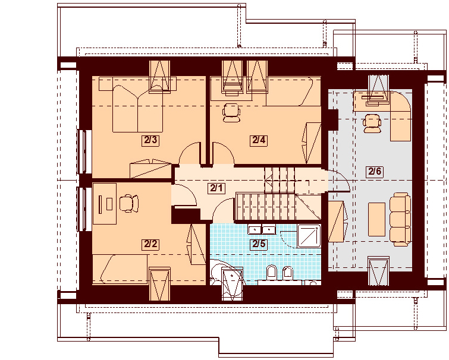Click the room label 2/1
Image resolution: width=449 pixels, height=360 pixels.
coord(216,188)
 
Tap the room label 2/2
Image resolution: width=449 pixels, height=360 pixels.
coord(150,244)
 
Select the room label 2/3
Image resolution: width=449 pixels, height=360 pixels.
coord(150,140)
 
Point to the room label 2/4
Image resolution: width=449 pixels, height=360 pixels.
coord(259,140)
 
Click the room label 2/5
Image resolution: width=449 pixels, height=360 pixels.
coord(259,244)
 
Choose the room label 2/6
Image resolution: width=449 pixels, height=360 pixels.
coord(375,171)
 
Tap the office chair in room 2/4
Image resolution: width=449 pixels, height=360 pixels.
coord(231,113)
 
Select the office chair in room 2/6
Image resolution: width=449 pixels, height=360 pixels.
coord(372,123)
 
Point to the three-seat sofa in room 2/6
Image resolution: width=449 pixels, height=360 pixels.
coord(400,219)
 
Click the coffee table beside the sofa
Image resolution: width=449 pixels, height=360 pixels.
coord(376,219)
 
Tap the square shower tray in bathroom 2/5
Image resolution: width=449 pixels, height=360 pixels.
coord(309,236)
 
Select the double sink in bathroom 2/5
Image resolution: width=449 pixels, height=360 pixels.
coord(262,229)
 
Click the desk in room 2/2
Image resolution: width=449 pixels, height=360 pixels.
coord(105,204)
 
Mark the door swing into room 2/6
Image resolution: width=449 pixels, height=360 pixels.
coord(339,181)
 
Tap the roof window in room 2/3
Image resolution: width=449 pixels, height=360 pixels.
coord(160,77)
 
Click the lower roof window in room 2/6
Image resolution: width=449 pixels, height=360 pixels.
coord(379,271)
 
